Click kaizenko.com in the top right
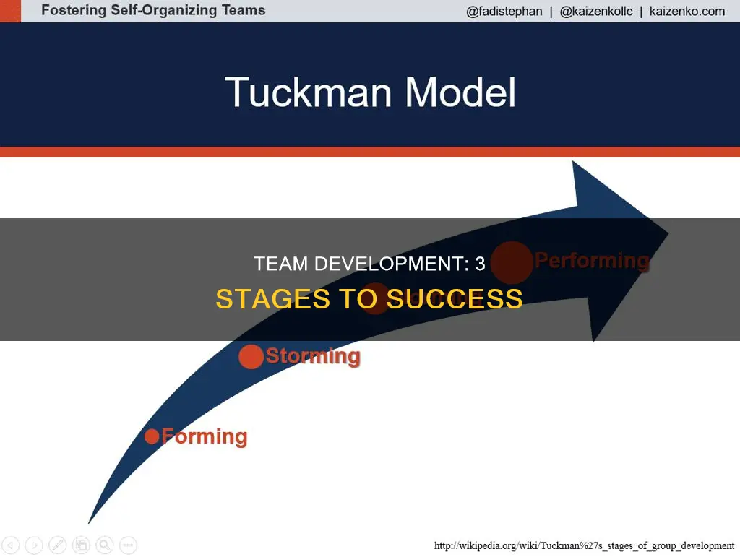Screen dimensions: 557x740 pyautogui.click(x=687, y=12)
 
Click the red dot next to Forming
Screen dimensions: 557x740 pyautogui.click(x=152, y=436)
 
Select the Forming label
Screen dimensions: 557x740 pyautogui.click(x=205, y=436)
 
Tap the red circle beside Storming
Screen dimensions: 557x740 pyautogui.click(x=251, y=357)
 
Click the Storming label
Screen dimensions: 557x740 pyautogui.click(x=313, y=356)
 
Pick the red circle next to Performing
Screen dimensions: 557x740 pyautogui.click(x=512, y=262)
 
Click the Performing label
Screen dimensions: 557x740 pyautogui.click(x=591, y=261)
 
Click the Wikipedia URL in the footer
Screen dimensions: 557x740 pyautogui.click(x=584, y=545)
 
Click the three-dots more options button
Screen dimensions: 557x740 pyautogui.click(x=129, y=545)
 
